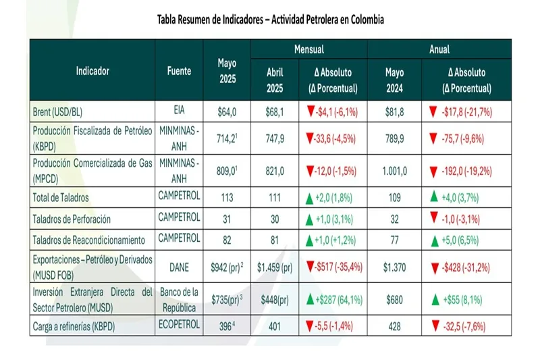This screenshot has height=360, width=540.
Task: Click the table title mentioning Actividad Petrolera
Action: point(270,20)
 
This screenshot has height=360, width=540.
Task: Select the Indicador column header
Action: point(92,70)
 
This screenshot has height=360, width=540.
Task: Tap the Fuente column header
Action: point(179,70)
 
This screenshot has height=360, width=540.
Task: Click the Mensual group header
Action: point(308,49)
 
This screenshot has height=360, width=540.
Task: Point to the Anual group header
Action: point(439,49)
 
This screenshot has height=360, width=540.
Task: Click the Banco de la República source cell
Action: point(179,297)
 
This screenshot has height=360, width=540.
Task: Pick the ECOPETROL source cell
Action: point(179,325)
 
